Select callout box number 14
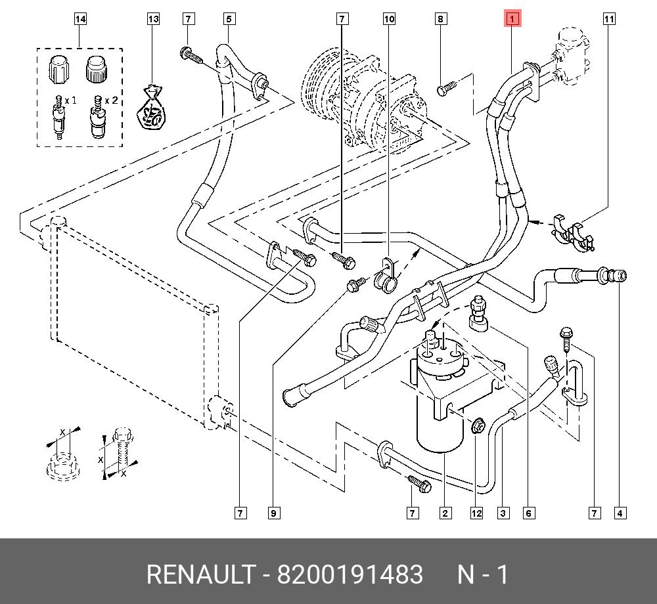tap(80, 19)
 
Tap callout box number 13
tap(153, 19)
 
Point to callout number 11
tap(609, 19)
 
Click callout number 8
tap(441, 19)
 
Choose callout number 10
tap(389, 19)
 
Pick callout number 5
tap(229, 19)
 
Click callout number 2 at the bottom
tap(446, 513)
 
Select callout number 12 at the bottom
tap(476, 513)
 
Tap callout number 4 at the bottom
tap(619, 513)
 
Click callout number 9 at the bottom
tap(273, 513)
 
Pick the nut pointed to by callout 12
tap(478, 427)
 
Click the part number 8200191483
tap(350, 575)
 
